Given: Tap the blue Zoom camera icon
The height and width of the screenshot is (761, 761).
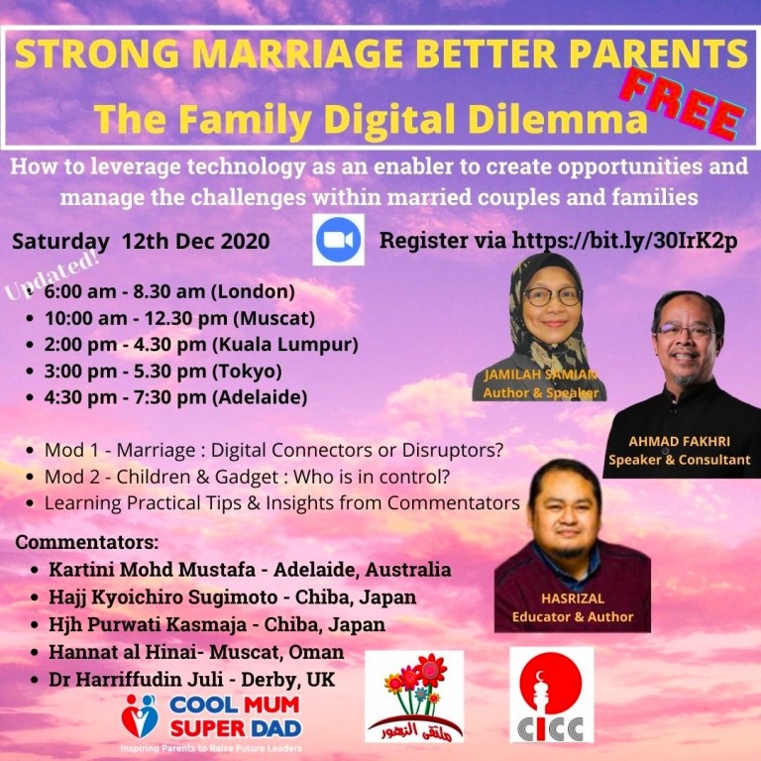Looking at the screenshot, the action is [x=338, y=240].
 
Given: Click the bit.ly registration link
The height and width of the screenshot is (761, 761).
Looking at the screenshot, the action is [x=624, y=240].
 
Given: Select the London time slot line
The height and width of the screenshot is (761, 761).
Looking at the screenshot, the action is [x=169, y=291].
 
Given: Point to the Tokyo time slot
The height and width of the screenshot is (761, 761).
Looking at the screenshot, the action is [x=163, y=372].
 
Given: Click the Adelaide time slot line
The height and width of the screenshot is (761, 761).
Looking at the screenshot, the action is [x=175, y=397].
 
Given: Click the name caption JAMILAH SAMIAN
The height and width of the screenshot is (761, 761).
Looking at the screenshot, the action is [x=540, y=375].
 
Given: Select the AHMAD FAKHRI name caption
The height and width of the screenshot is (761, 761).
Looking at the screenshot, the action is [x=679, y=441].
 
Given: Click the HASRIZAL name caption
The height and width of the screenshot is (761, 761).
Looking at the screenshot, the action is [x=573, y=598].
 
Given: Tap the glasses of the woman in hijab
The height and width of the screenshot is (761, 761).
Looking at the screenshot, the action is [x=552, y=296].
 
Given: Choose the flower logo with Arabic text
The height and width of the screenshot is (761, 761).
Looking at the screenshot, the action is [x=414, y=697].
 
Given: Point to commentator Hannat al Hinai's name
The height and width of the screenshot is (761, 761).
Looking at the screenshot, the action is [x=122, y=652].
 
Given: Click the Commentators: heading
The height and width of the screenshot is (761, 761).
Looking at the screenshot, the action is [x=87, y=542].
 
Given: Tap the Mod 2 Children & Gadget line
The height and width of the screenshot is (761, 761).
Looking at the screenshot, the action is [x=247, y=477].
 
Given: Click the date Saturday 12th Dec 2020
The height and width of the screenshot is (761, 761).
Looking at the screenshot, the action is [x=141, y=241].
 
